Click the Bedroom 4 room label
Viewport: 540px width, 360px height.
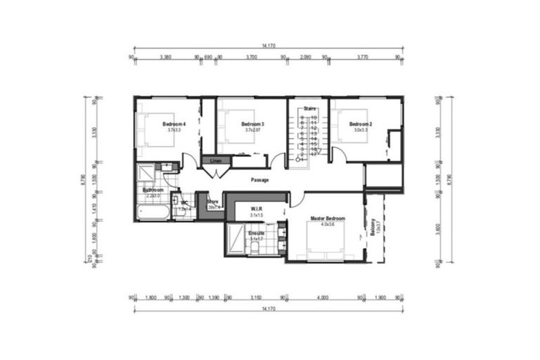[x=172, y=124]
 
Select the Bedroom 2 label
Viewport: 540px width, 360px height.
[x=361, y=124]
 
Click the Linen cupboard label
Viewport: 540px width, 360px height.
[x=216, y=161]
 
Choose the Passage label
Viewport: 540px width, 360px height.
[x=261, y=180]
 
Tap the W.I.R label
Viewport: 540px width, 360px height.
[x=256, y=209]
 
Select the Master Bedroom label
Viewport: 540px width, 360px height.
[x=326, y=219]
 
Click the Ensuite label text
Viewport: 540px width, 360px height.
[x=256, y=233]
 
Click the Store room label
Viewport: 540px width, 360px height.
[x=212, y=202]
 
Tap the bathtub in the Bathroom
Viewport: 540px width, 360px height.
[x=153, y=212]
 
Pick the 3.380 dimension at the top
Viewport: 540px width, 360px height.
[x=166, y=56]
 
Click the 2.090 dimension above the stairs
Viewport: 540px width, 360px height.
[x=304, y=56]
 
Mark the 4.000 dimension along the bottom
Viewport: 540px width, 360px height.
[x=322, y=298]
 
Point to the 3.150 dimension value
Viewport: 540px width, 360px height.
[x=256, y=298]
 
